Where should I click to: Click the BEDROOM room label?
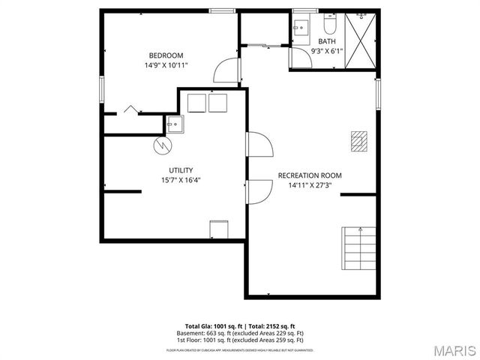tap(166, 55)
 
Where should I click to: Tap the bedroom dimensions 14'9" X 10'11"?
tap(166, 65)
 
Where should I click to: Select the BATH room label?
tap(327, 41)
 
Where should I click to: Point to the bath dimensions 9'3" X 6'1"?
tap(327, 51)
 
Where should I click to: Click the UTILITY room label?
tap(181, 169)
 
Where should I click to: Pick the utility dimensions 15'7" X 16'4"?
tap(181, 180)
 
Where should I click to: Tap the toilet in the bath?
tap(330, 22)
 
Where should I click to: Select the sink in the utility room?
tap(174, 124)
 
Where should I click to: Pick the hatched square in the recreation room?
tap(359, 139)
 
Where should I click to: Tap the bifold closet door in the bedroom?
tap(131, 109)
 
